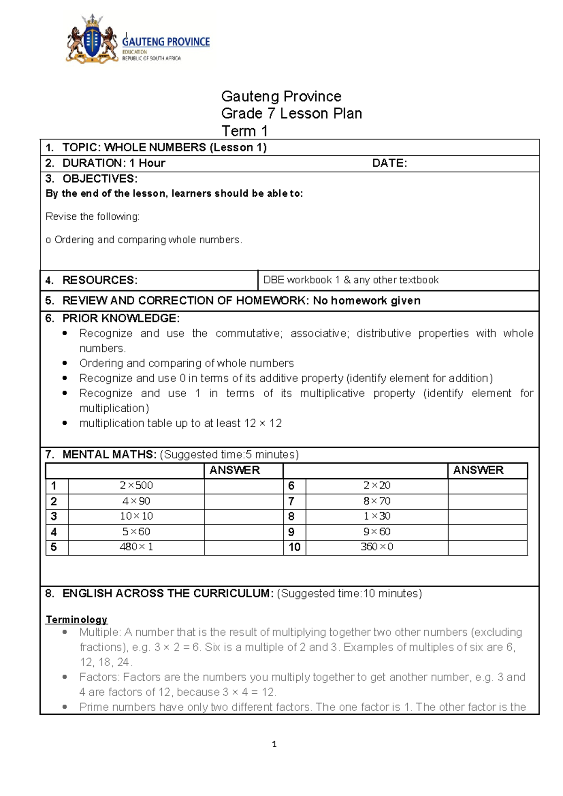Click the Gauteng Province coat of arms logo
(x=92, y=40)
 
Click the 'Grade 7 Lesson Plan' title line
(x=291, y=114)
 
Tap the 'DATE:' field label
(x=389, y=163)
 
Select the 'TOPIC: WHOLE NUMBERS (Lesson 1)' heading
(x=164, y=147)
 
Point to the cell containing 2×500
(x=136, y=486)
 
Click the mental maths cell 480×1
(x=136, y=547)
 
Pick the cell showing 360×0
(x=377, y=547)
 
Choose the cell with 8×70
(x=377, y=501)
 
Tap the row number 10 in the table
(x=294, y=547)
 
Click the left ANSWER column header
(x=235, y=470)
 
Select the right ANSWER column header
(x=478, y=470)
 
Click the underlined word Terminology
(x=76, y=620)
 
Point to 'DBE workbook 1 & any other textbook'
(x=350, y=280)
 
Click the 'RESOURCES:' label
(x=99, y=280)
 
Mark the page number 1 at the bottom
(x=274, y=744)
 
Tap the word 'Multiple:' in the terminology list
(x=100, y=632)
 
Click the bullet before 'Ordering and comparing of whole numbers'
(x=65, y=363)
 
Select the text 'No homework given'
(x=366, y=301)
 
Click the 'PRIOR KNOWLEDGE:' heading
(x=121, y=318)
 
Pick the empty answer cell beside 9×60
(x=487, y=532)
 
